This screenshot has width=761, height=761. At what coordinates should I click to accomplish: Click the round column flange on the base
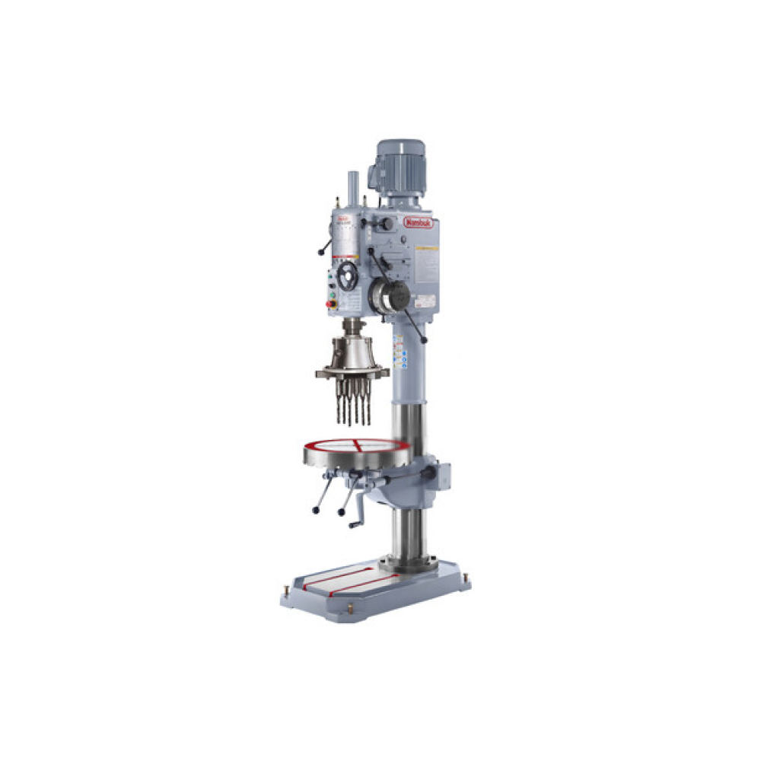tap(409, 565)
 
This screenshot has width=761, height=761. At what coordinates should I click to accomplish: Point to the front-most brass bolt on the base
tap(349, 610)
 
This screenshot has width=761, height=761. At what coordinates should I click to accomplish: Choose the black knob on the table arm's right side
tap(433, 473)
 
